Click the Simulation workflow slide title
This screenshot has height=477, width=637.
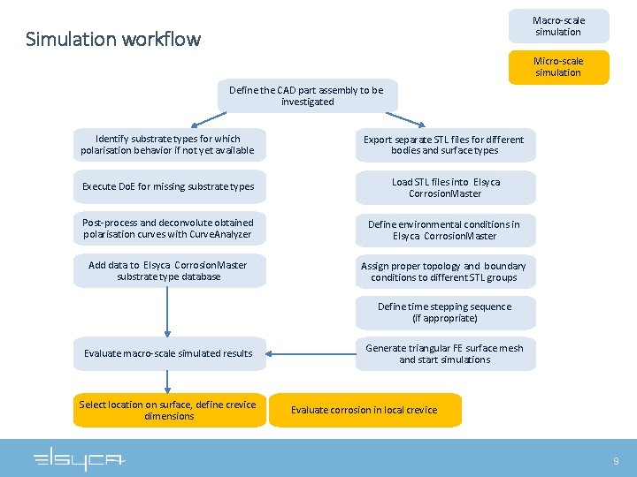[113, 39]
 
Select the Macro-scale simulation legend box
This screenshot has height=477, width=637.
[558, 26]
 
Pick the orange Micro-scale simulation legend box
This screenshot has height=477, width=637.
[558, 67]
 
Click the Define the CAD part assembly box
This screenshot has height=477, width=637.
[307, 95]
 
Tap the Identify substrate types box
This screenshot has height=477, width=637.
[168, 145]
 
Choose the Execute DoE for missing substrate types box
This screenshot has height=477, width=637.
[168, 186]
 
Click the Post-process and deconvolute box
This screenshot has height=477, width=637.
[168, 229]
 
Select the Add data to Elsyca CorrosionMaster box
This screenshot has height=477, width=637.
[168, 271]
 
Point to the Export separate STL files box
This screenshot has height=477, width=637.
[445, 145]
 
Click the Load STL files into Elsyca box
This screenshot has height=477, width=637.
[445, 187]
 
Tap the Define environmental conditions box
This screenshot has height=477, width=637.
[445, 230]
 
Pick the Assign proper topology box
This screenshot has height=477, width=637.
[445, 271]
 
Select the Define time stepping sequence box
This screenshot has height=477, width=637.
[445, 313]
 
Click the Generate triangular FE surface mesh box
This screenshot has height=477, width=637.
[445, 353]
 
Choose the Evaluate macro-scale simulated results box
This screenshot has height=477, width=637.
[168, 353]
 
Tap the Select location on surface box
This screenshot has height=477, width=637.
[168, 410]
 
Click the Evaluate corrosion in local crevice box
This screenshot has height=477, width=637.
[365, 410]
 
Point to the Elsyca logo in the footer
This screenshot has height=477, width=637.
[80, 460]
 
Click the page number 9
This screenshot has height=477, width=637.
[617, 461]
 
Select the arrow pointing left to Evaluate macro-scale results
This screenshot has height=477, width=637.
[310, 353]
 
